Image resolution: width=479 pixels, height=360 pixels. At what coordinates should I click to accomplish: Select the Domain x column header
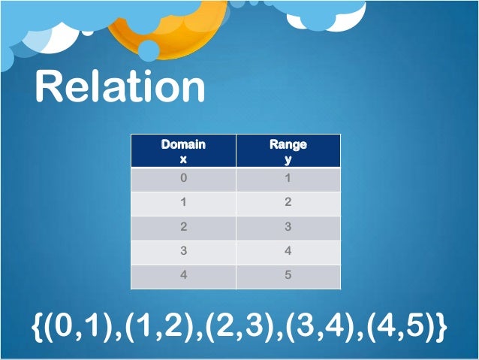[x=183, y=151]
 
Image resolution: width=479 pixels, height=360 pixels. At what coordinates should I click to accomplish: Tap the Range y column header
[x=288, y=151]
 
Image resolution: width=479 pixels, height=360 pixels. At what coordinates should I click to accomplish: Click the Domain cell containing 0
[x=183, y=180]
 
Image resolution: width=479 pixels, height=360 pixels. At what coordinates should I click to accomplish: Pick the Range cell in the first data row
[x=288, y=180]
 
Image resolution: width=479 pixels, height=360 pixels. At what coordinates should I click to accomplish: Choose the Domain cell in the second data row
[x=183, y=203]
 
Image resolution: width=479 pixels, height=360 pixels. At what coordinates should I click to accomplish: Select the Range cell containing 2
[x=288, y=203]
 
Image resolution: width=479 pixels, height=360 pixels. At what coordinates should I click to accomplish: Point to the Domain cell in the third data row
[x=183, y=227]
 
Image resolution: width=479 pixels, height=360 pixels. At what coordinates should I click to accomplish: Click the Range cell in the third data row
[x=288, y=227]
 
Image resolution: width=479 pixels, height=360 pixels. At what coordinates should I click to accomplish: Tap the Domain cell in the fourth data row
[x=183, y=251]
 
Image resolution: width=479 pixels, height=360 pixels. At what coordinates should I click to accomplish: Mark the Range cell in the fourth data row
[x=288, y=251]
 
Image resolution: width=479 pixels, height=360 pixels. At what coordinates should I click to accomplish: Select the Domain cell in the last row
[x=183, y=275]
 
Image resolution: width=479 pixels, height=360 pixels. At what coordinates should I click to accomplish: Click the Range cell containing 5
[x=288, y=275]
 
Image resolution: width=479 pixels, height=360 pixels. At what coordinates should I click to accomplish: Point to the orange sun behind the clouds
[x=180, y=30]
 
